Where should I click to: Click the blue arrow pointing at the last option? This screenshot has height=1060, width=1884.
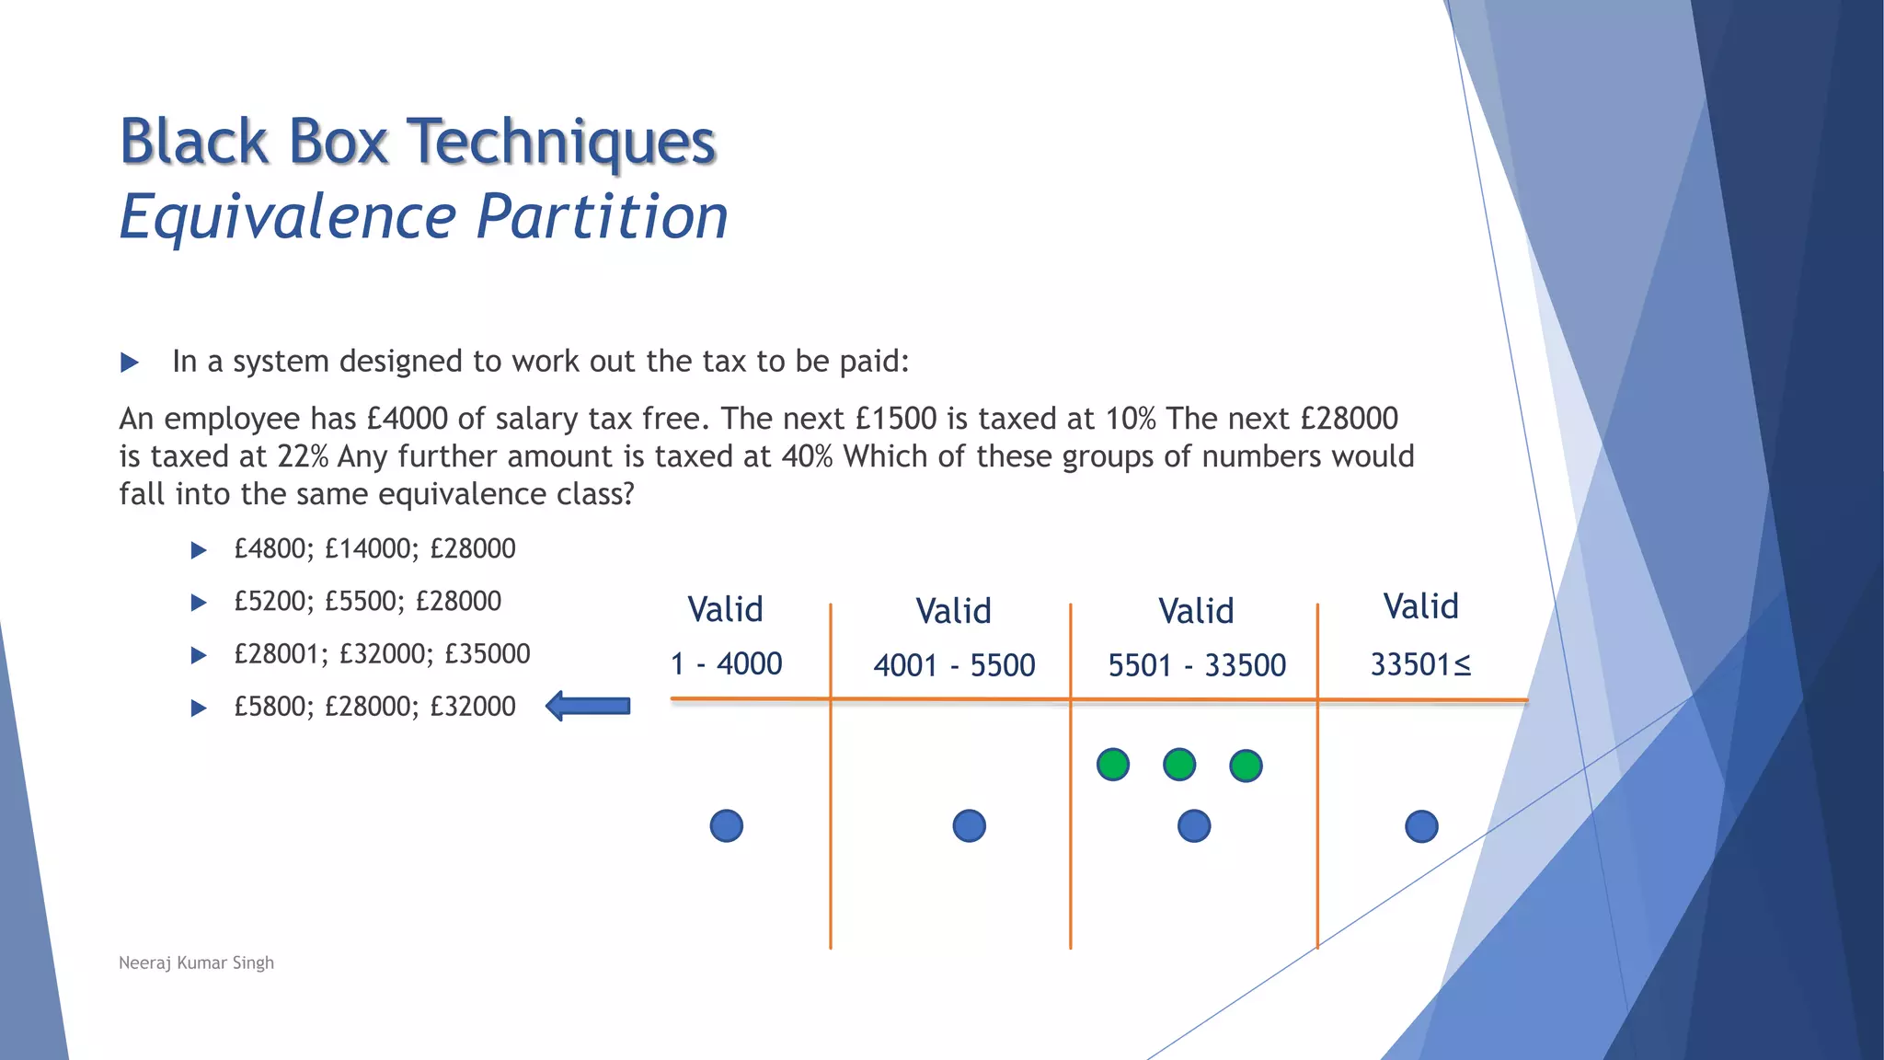pos(589,707)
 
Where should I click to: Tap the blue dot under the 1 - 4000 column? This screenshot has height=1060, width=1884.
pos(727,826)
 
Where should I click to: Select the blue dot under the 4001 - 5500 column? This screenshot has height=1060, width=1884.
pos(970,826)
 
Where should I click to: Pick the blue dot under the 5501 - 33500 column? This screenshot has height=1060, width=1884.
pos(1194,826)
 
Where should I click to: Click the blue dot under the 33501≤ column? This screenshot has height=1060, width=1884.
pos(1421,826)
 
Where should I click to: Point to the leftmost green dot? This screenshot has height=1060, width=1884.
pos(1113,765)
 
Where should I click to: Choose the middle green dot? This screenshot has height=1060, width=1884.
pos(1179,765)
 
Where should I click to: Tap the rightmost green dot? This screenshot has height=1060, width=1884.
pos(1246,766)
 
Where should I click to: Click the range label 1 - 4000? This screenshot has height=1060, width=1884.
pos(727,663)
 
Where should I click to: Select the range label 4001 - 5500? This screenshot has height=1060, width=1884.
pos(954,665)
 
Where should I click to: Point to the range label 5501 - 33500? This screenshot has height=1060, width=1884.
pos(1197,665)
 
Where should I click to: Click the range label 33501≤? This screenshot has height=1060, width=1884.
pos(1420,664)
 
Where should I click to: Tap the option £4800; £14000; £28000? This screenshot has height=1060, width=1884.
pos(374,548)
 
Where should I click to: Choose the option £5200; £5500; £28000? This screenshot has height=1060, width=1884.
pos(367,601)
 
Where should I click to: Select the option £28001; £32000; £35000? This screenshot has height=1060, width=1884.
pos(382,653)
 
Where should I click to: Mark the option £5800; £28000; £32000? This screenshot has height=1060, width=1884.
pos(374,707)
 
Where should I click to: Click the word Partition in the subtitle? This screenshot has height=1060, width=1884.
pos(603,217)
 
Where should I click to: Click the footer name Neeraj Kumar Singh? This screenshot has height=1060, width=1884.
pos(196,962)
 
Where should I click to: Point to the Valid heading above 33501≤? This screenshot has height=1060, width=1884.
pos(1420,606)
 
